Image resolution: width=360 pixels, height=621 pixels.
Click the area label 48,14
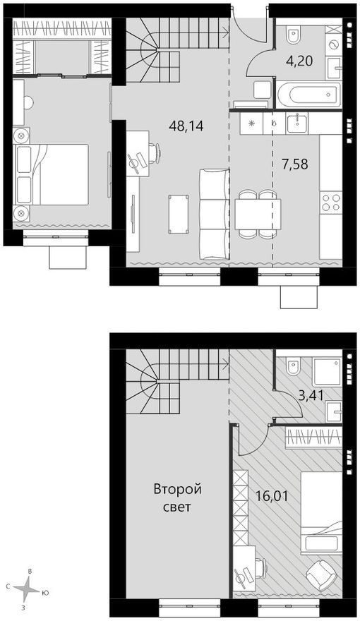[x=186, y=126]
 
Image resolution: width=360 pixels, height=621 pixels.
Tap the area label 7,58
[x=294, y=164]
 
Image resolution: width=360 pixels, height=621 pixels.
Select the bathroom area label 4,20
[x=299, y=61]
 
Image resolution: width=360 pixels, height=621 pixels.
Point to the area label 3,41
[x=311, y=396]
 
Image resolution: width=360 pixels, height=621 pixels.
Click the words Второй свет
[x=177, y=498]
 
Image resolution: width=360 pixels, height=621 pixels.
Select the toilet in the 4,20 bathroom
[x=294, y=35]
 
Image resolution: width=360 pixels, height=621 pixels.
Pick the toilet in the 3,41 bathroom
[x=294, y=366]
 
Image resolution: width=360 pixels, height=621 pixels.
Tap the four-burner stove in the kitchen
[x=330, y=202]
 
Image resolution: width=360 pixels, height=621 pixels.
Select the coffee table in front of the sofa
[x=178, y=214]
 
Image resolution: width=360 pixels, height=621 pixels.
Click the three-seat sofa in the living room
[x=215, y=214]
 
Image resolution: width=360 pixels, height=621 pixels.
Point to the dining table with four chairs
[x=258, y=215]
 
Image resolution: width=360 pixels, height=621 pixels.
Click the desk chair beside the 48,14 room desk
[x=155, y=153]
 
